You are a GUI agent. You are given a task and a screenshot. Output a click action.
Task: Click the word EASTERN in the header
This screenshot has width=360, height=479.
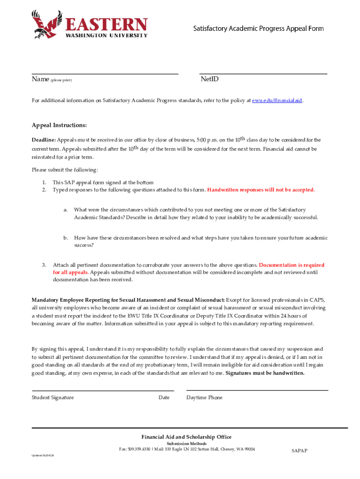pos(106,24)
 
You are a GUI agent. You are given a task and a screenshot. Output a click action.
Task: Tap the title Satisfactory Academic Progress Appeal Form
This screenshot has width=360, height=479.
pos(259,29)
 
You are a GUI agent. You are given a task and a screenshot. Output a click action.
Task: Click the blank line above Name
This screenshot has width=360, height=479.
pos(105,73)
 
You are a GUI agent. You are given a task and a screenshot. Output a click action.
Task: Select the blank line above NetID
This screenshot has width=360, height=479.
pos(263,73)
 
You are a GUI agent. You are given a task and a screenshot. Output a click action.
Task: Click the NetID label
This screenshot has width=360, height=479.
pos(209,80)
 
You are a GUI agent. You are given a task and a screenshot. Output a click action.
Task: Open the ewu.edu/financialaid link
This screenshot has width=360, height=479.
pos(277,101)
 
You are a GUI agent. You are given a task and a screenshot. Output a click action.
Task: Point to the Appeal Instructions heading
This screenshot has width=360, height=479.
pos(59,126)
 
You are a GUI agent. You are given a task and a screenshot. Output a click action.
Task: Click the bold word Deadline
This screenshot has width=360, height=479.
pos(43,140)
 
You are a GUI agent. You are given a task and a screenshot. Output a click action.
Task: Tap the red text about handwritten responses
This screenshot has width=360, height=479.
pos(261,190)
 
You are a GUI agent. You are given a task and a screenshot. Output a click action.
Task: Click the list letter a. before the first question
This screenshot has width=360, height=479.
pos(66,210)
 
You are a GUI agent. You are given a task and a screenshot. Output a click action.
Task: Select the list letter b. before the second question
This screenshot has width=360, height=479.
pos(66,238)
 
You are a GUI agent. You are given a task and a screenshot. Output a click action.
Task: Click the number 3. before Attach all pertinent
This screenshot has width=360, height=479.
pos(43,265)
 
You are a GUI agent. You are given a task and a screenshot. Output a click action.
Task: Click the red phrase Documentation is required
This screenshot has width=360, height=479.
pos(291,265)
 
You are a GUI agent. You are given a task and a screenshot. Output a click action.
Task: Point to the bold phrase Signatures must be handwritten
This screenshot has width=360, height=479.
pos(265,373)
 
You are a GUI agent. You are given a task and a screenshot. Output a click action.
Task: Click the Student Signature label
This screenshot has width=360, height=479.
pos(52,398)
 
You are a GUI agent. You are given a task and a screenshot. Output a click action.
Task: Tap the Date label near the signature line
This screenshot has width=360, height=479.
pos(164,398)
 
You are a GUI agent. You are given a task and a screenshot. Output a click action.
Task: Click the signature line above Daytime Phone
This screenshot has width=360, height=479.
pos(257,390)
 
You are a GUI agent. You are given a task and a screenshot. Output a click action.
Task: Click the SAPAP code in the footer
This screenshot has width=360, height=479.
pos(299,451)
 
